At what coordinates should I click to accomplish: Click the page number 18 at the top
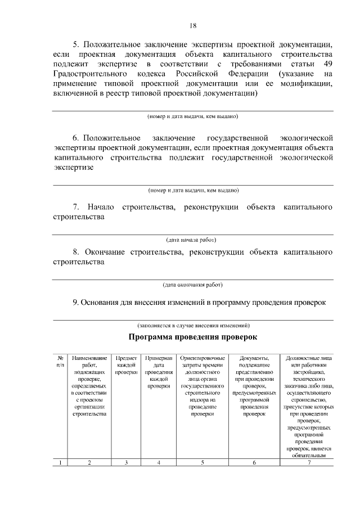[x=193, y=25]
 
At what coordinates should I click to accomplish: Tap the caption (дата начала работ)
[x=192, y=240]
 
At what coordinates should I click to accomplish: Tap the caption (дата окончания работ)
[x=192, y=284]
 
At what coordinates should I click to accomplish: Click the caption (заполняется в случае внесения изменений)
[x=193, y=326]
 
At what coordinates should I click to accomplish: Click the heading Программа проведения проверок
[x=192, y=337]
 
